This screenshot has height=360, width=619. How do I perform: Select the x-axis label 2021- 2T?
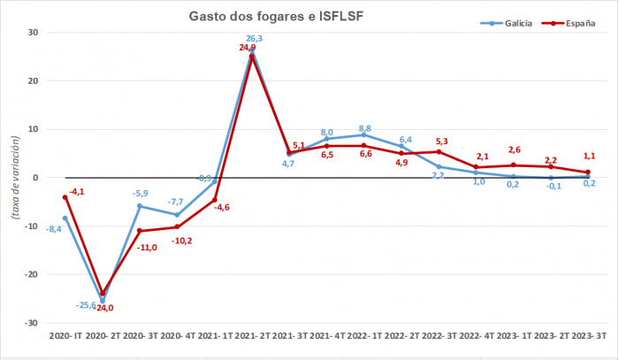[x=253, y=337]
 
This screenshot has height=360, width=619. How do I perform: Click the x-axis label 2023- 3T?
[x=587, y=337]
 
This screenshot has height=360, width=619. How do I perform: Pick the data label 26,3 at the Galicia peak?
[x=254, y=39]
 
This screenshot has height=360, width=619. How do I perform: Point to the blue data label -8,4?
[x=54, y=229]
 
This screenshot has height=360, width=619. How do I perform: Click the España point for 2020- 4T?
[x=177, y=226]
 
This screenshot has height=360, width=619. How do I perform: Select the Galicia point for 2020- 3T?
[x=140, y=206]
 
